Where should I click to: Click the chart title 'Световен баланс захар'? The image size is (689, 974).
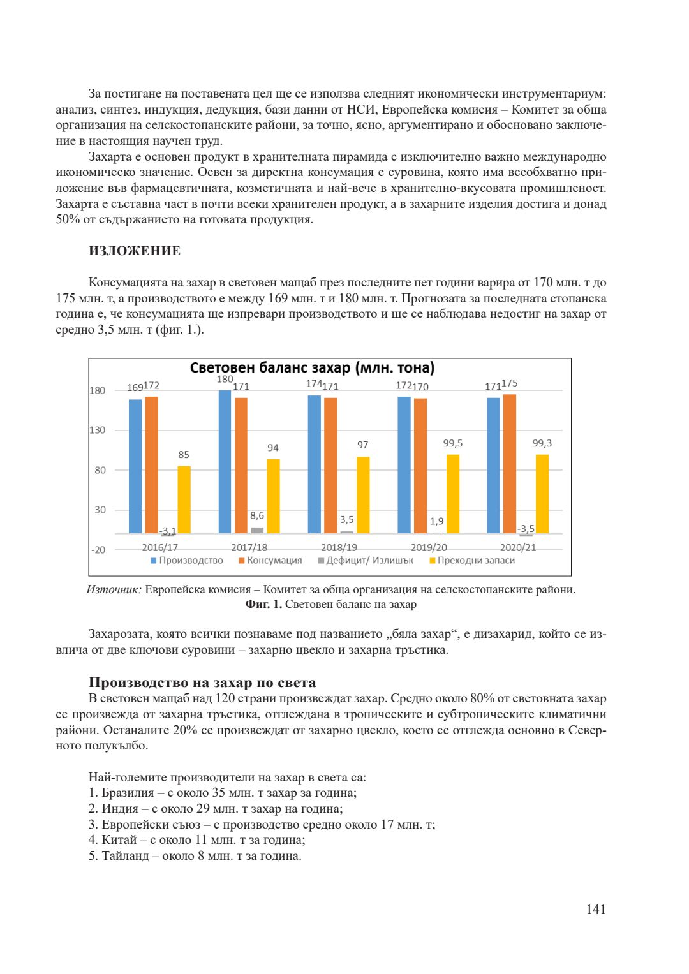click(312, 368)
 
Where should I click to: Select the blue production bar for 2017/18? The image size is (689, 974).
click(225, 462)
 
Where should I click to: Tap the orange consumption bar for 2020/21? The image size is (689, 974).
click(509, 464)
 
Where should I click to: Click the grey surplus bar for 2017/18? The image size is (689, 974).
click(257, 530)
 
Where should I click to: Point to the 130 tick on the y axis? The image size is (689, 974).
click(97, 431)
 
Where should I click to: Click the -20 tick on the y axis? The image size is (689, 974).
click(98, 550)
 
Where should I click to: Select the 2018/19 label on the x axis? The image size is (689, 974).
click(339, 547)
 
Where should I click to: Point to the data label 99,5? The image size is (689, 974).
click(453, 443)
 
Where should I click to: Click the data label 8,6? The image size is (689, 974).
click(257, 515)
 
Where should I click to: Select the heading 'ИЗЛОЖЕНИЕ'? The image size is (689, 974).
click(135, 251)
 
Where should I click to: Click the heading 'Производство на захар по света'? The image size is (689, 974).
click(202, 683)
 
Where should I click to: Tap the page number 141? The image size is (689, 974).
click(596, 910)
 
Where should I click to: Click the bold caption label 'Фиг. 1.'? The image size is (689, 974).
click(263, 604)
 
